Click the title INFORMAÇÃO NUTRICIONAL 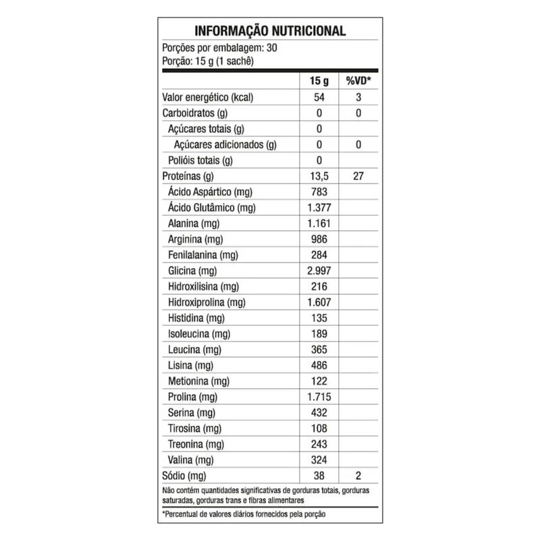[x=270, y=31]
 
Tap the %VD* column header [x=358, y=81]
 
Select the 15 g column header [x=319, y=81]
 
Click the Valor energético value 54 [x=319, y=97]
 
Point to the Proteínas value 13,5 [x=319, y=176]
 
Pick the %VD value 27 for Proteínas [x=358, y=176]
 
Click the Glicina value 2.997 [x=319, y=271]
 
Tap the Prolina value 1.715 [x=319, y=397]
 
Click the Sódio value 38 [x=319, y=475]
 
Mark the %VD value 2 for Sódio [x=358, y=475]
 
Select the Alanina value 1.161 [x=319, y=223]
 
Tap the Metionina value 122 [x=319, y=381]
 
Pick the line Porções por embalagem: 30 [x=220, y=48]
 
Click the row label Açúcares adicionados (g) [x=225, y=144]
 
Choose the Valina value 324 [x=319, y=460]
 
